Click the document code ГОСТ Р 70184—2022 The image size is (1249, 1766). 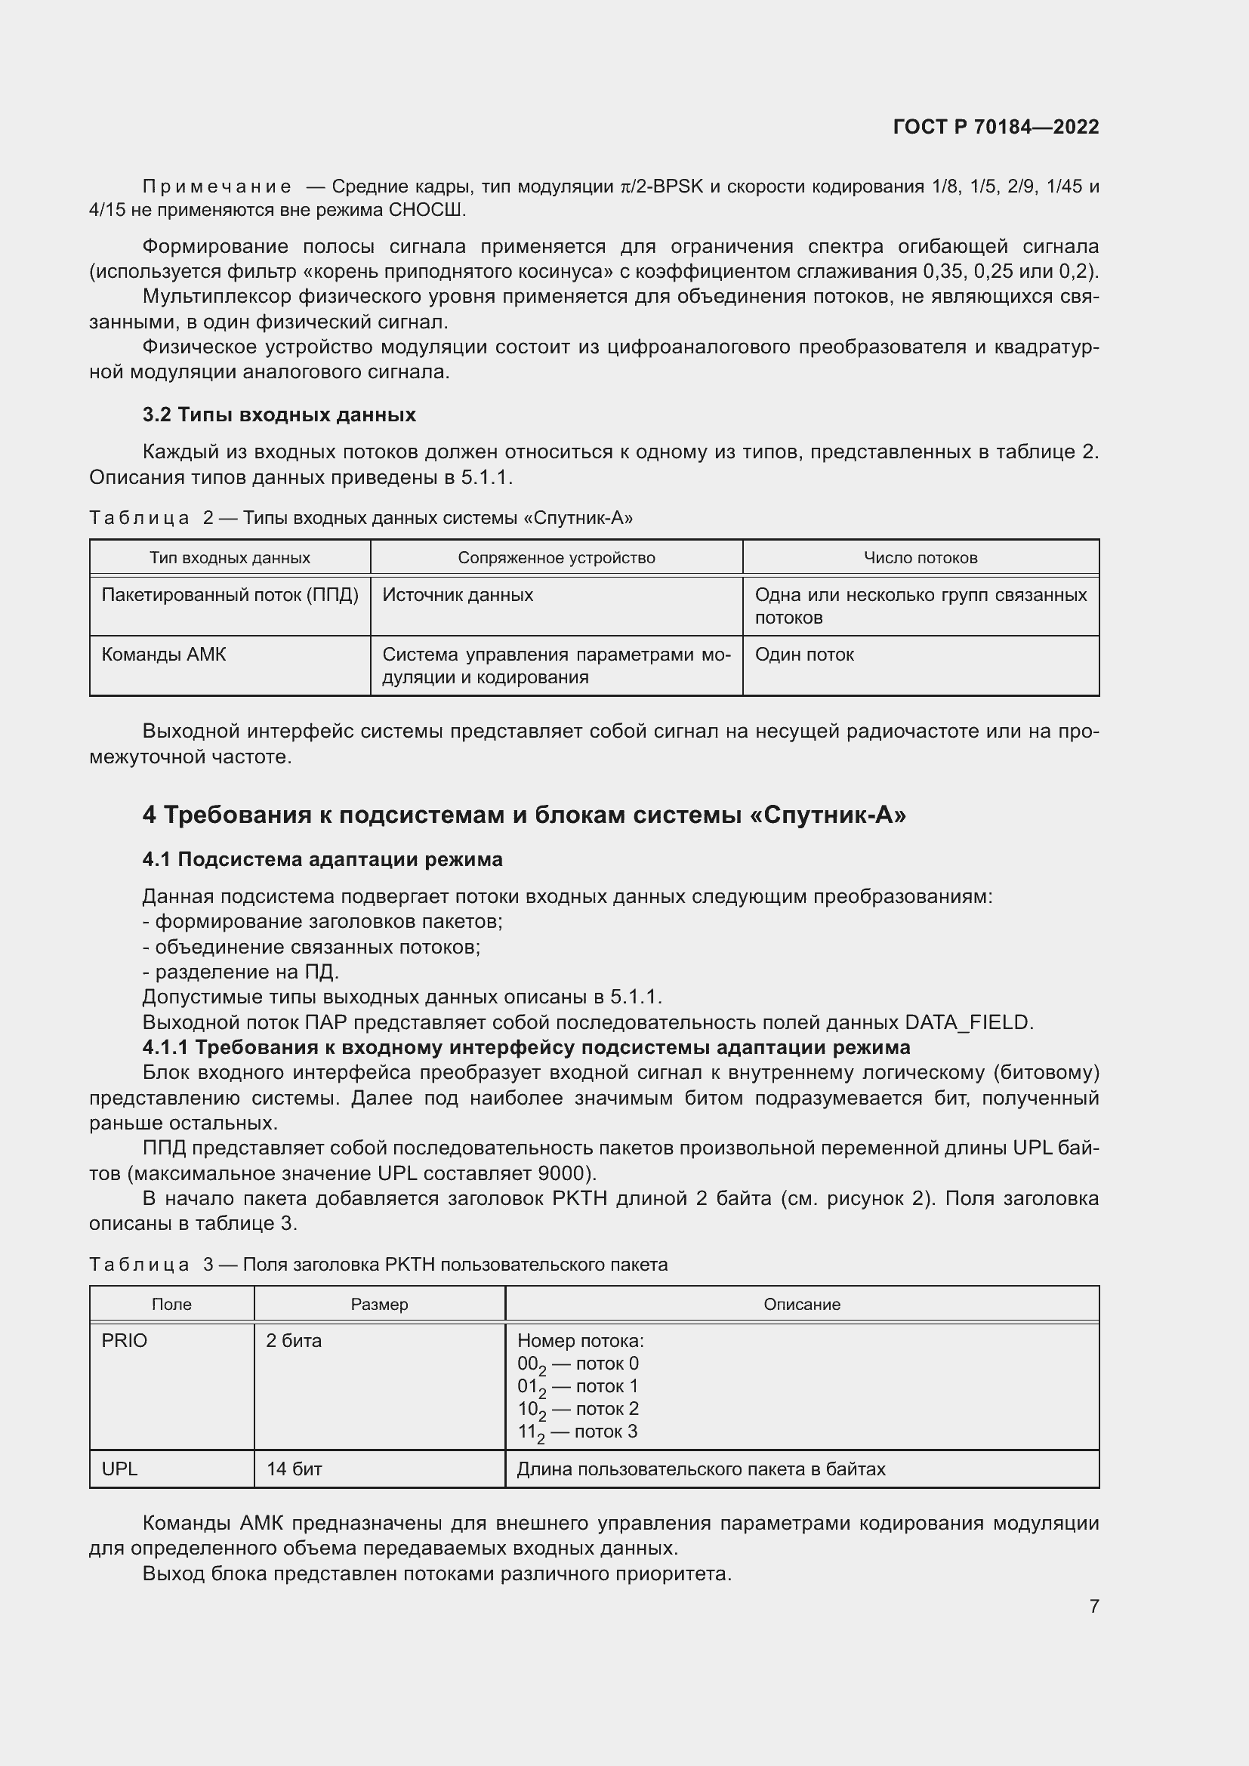[x=995, y=127]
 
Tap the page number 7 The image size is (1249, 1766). [x=1093, y=1606]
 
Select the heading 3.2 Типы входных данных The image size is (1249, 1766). [x=279, y=415]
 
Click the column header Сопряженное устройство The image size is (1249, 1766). [x=556, y=558]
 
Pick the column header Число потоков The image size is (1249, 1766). [x=920, y=558]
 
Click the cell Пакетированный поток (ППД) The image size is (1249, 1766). [x=230, y=594]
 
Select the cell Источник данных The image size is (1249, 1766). [x=458, y=594]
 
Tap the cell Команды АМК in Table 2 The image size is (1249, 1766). [x=164, y=655]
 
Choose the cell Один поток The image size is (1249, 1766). [x=803, y=655]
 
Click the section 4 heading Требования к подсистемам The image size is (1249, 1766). [x=524, y=815]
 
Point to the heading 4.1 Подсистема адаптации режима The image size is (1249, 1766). [x=322, y=859]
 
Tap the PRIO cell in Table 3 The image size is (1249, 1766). [x=125, y=1341]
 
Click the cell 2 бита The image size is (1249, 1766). [x=294, y=1341]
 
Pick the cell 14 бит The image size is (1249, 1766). [x=294, y=1469]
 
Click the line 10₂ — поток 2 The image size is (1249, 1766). [x=578, y=1409]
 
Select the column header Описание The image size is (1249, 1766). [x=801, y=1305]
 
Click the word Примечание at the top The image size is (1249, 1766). [x=217, y=187]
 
